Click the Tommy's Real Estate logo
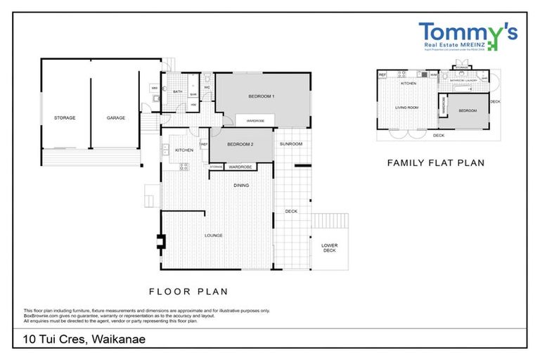tap(468, 37)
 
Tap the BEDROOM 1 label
tap(261, 96)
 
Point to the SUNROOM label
tap(290, 144)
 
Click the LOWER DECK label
tap(329, 248)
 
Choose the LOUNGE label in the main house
tap(214, 236)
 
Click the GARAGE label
tap(116, 118)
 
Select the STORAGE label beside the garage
tap(65, 118)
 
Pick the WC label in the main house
tap(207, 88)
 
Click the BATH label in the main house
tap(179, 91)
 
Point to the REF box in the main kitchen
tap(204, 144)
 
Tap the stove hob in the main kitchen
tap(185, 167)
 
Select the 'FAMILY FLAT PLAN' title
tap(436, 162)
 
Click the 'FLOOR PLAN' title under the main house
tap(188, 290)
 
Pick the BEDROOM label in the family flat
tap(468, 110)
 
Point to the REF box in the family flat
tap(382, 75)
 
